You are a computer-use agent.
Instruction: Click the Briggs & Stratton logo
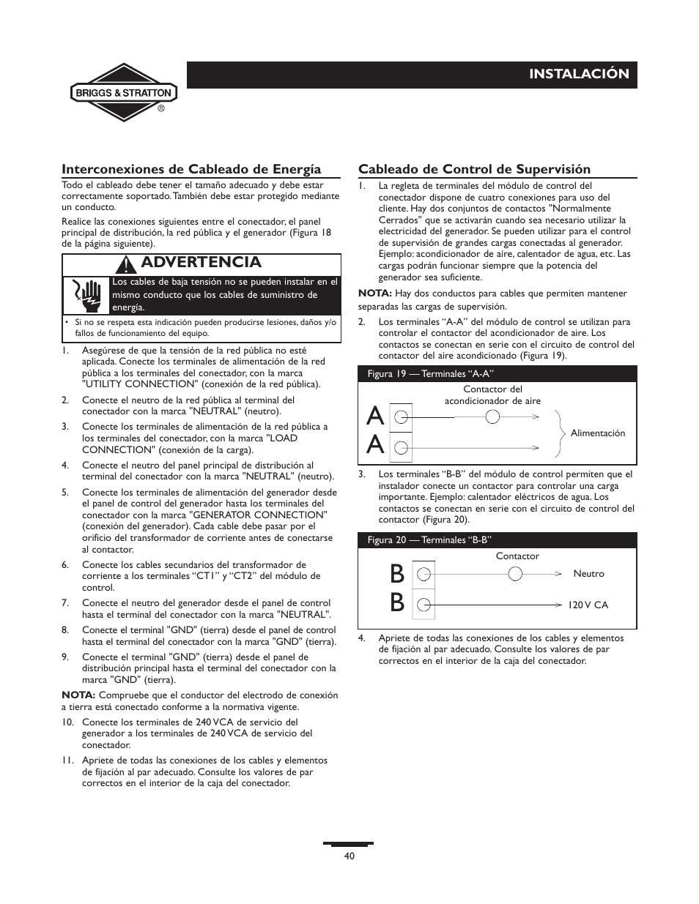pyautogui.click(x=123, y=93)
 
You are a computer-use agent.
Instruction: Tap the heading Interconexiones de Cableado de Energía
pyautogui.click(x=191, y=169)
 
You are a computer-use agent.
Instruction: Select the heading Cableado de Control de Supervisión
pyautogui.click(x=474, y=169)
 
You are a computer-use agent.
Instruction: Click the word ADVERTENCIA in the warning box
pyautogui.click(x=200, y=263)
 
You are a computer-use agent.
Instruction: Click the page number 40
pyautogui.click(x=349, y=856)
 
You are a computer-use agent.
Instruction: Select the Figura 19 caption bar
pyautogui.click(x=497, y=374)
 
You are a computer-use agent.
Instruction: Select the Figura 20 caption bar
pyautogui.click(x=497, y=540)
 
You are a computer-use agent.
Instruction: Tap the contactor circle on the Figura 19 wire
pyautogui.click(x=493, y=417)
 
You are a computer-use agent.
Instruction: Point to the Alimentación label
pyautogui.click(x=598, y=433)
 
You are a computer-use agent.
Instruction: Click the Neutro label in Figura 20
pyautogui.click(x=588, y=574)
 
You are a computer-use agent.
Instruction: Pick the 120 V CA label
pyautogui.click(x=588, y=605)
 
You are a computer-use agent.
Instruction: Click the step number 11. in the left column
pyautogui.click(x=67, y=761)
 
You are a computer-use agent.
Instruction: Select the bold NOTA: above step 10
pyautogui.click(x=78, y=695)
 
